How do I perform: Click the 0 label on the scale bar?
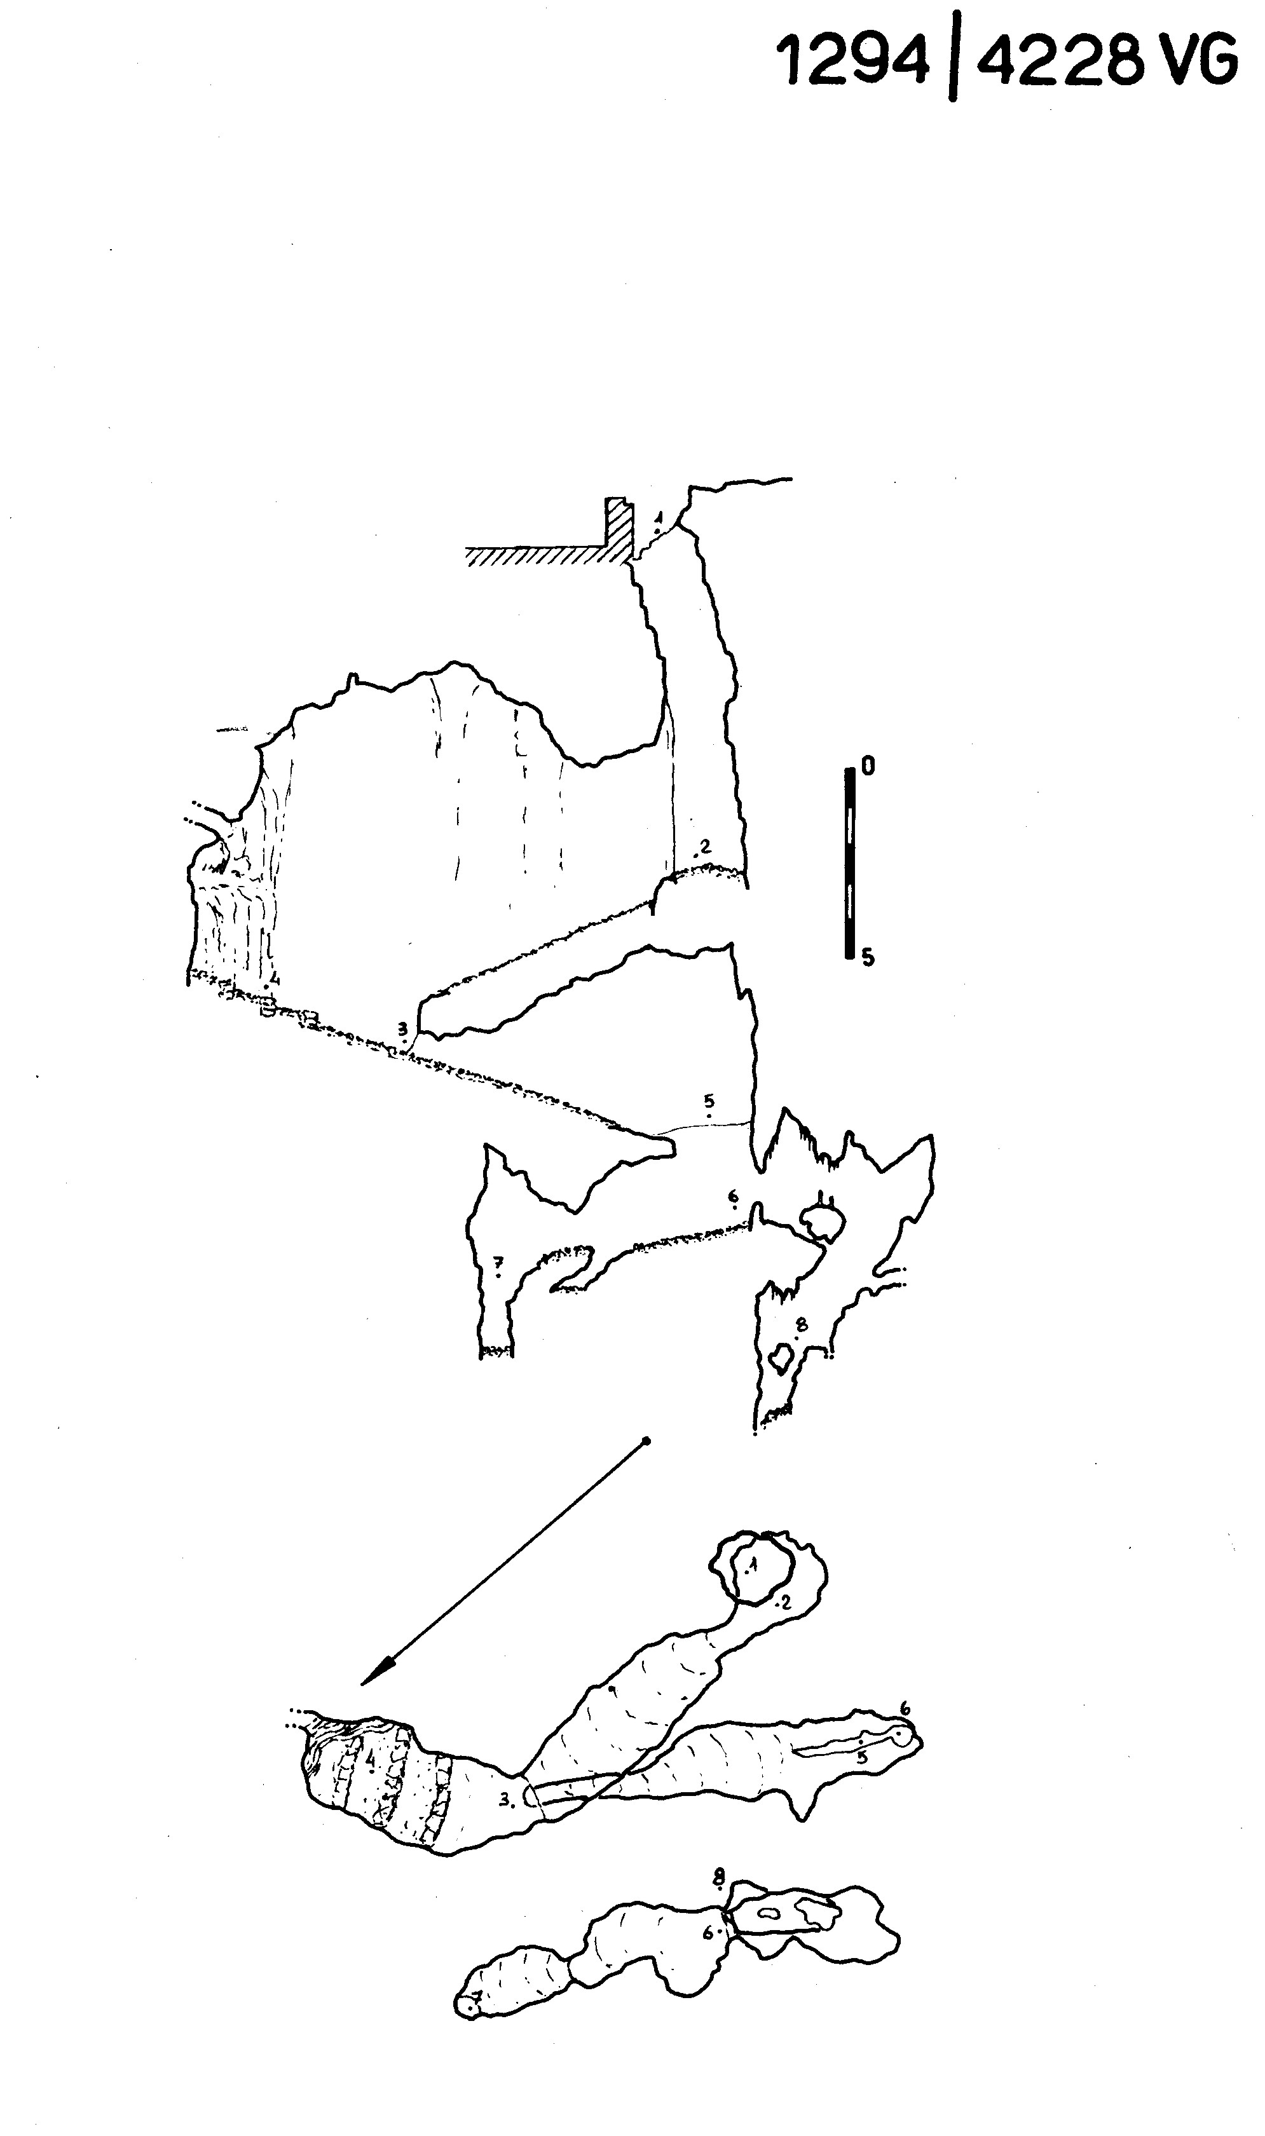tap(868, 767)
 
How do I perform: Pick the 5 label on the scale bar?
tap(868, 958)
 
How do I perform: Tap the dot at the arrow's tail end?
tap(646, 1441)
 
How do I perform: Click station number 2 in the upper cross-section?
tap(706, 846)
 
